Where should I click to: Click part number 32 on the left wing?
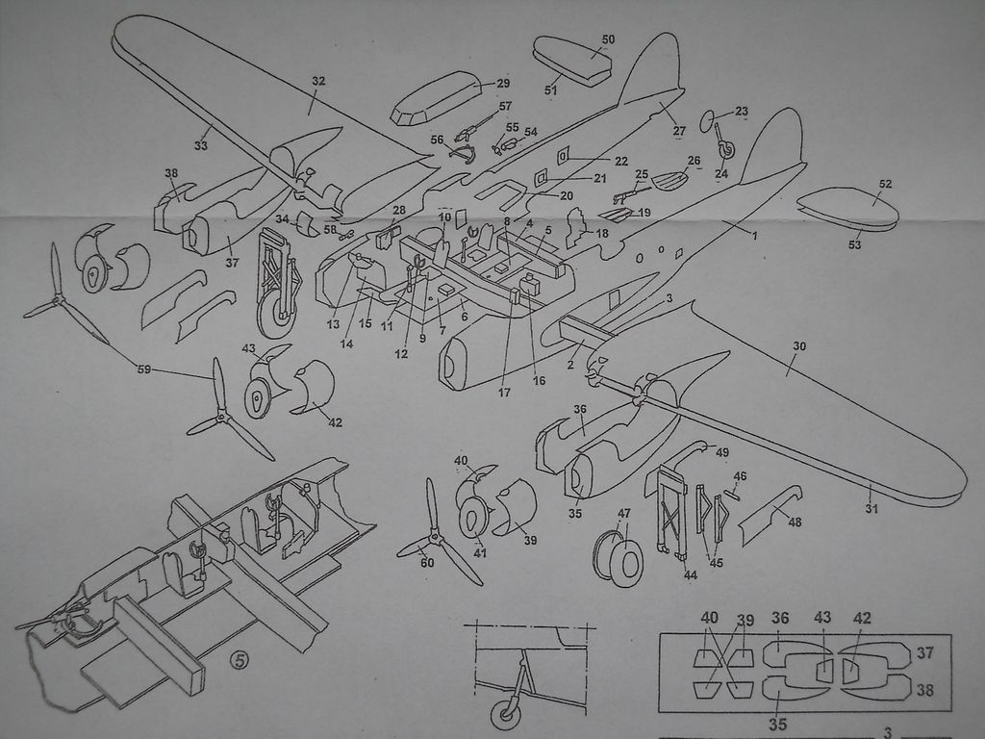318,82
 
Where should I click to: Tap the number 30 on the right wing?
799,345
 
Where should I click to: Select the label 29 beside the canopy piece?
503,84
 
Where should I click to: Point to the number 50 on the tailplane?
608,39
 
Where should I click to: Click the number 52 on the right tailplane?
885,184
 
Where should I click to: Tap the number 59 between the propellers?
144,367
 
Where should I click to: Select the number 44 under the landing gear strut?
691,575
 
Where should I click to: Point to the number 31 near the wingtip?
871,508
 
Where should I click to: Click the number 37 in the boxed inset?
924,653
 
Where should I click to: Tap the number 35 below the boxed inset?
777,724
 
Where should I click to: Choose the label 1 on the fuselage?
755,236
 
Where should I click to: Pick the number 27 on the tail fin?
679,131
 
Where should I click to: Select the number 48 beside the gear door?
795,522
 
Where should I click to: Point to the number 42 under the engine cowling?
335,422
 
